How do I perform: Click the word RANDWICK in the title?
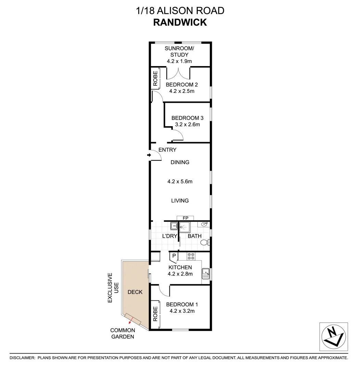click(x=180, y=22)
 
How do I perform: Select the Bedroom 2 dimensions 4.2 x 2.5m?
click(x=182, y=91)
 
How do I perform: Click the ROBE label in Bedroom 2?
click(x=155, y=78)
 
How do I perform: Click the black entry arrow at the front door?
click(x=149, y=155)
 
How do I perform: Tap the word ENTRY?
click(x=167, y=150)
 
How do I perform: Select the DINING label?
click(x=180, y=162)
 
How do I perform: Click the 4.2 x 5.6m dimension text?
click(x=180, y=182)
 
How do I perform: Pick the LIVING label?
click(x=180, y=201)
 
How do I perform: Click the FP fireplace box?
click(x=185, y=218)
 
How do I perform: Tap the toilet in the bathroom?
click(x=204, y=243)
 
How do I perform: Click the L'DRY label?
click(x=170, y=236)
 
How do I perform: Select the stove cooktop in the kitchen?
click(x=191, y=256)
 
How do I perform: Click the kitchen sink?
click(x=206, y=273)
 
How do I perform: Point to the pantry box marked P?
click(x=174, y=256)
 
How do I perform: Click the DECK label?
click(x=135, y=292)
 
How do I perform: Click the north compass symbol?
click(x=333, y=336)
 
